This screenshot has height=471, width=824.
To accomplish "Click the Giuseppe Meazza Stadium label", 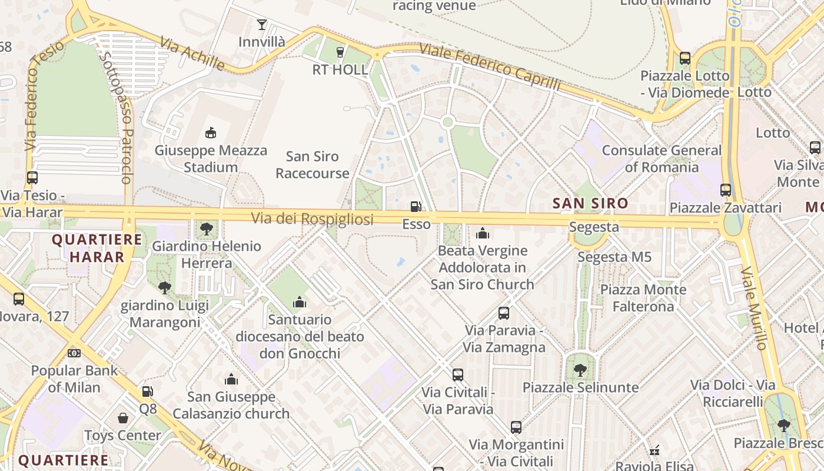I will click(x=211, y=159).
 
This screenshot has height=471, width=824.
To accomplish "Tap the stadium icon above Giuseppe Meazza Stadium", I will click(x=210, y=133).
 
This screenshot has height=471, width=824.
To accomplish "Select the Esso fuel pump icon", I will click(x=416, y=207).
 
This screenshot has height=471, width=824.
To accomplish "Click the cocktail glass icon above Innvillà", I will click(x=262, y=25).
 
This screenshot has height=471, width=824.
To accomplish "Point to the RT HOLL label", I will click(x=340, y=70).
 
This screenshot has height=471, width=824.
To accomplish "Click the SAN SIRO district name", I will click(x=590, y=204).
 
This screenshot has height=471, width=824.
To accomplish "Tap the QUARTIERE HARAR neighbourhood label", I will click(x=97, y=248).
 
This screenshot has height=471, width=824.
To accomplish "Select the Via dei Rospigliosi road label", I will click(x=313, y=220).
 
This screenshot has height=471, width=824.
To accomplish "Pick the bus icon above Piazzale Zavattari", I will click(x=726, y=190).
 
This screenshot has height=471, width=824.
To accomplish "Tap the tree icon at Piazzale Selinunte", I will click(x=580, y=370).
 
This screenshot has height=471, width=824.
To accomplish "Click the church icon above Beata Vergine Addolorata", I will click(x=483, y=234).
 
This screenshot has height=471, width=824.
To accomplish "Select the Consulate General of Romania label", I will click(x=662, y=159).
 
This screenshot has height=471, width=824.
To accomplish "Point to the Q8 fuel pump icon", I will click(x=148, y=391).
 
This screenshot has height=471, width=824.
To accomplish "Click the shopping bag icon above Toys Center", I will click(x=123, y=418).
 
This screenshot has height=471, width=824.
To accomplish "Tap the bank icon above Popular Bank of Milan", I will click(x=74, y=353).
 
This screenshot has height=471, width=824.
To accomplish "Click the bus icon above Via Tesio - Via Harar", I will click(x=32, y=177).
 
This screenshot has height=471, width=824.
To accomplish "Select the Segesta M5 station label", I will click(x=614, y=257).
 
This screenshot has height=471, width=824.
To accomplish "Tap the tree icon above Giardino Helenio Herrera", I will click(x=206, y=228).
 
